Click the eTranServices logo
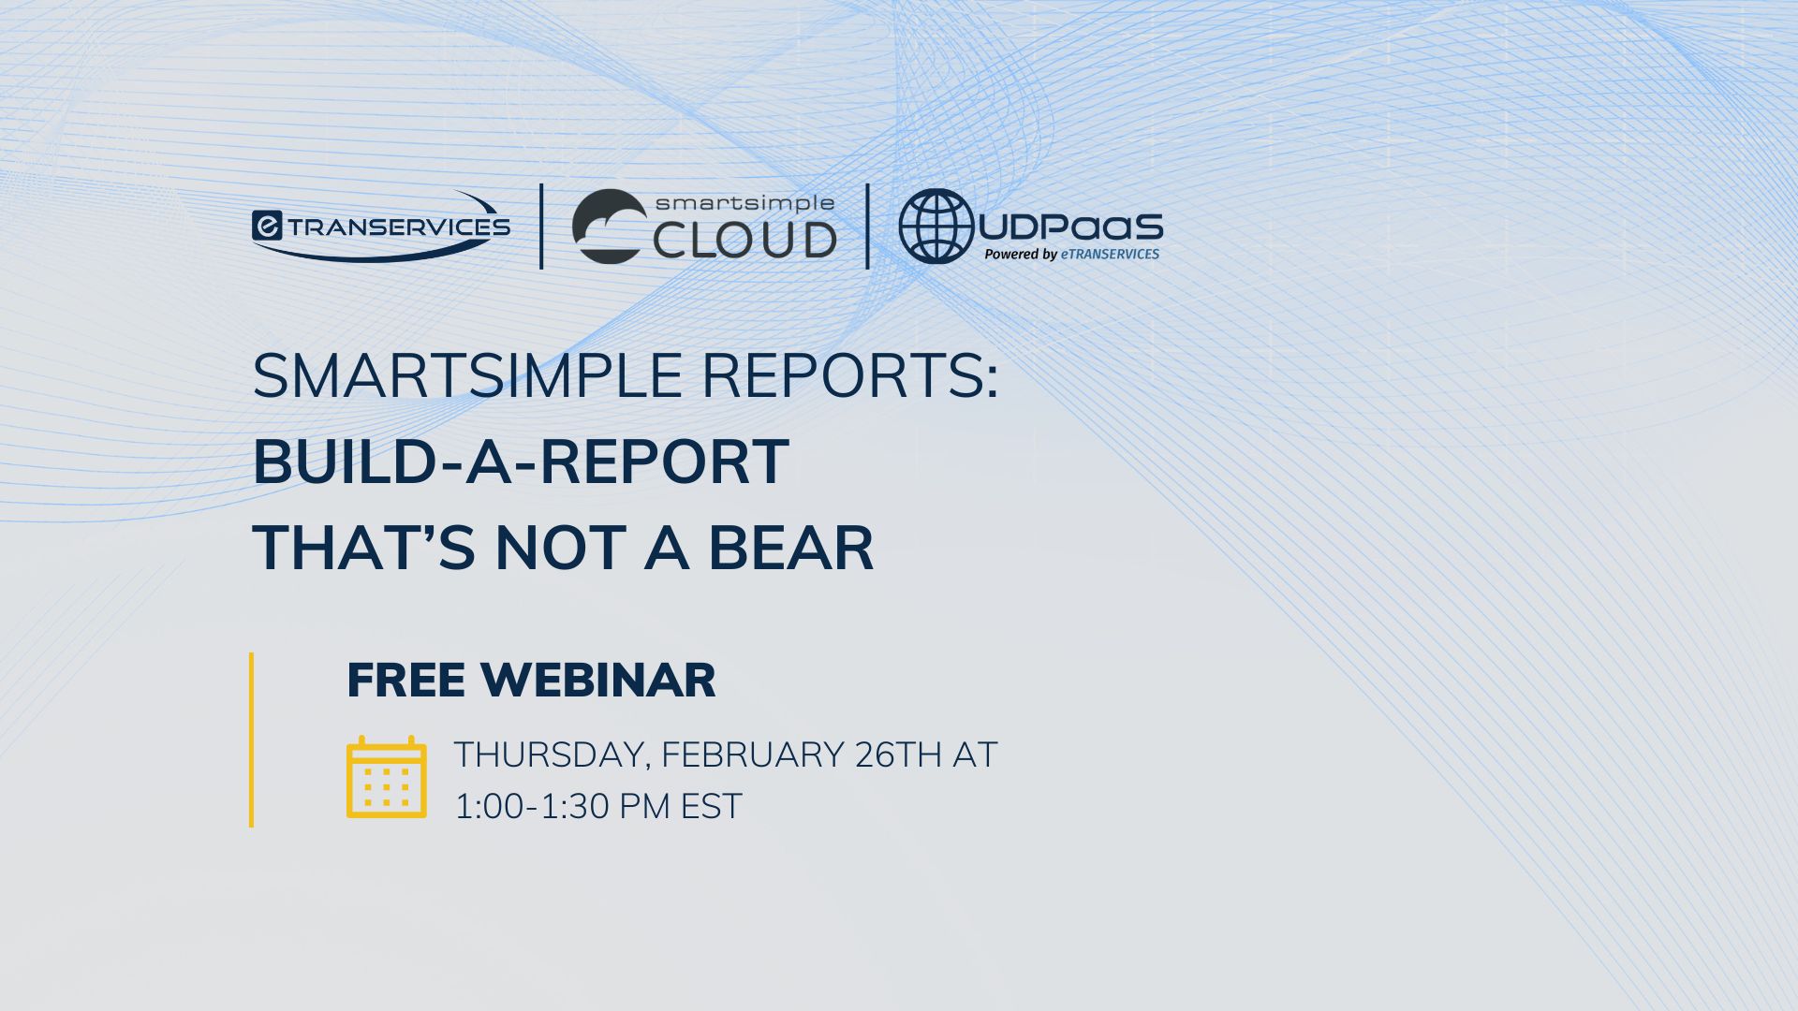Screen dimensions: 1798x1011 coord(381,227)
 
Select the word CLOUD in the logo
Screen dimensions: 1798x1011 coord(744,240)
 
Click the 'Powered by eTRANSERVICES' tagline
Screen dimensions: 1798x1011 coord(1072,254)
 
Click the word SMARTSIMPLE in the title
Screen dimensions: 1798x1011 coord(467,376)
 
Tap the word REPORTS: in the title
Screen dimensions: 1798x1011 coord(850,376)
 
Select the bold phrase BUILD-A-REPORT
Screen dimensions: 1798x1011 coord(521,462)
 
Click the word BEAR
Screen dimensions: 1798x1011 coord(790,548)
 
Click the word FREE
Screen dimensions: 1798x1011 coord(405,681)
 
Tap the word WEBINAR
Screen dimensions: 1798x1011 coord(598,681)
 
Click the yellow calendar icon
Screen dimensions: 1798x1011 coord(387,777)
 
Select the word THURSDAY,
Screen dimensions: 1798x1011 coord(553,755)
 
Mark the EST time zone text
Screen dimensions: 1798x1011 coord(712,806)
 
